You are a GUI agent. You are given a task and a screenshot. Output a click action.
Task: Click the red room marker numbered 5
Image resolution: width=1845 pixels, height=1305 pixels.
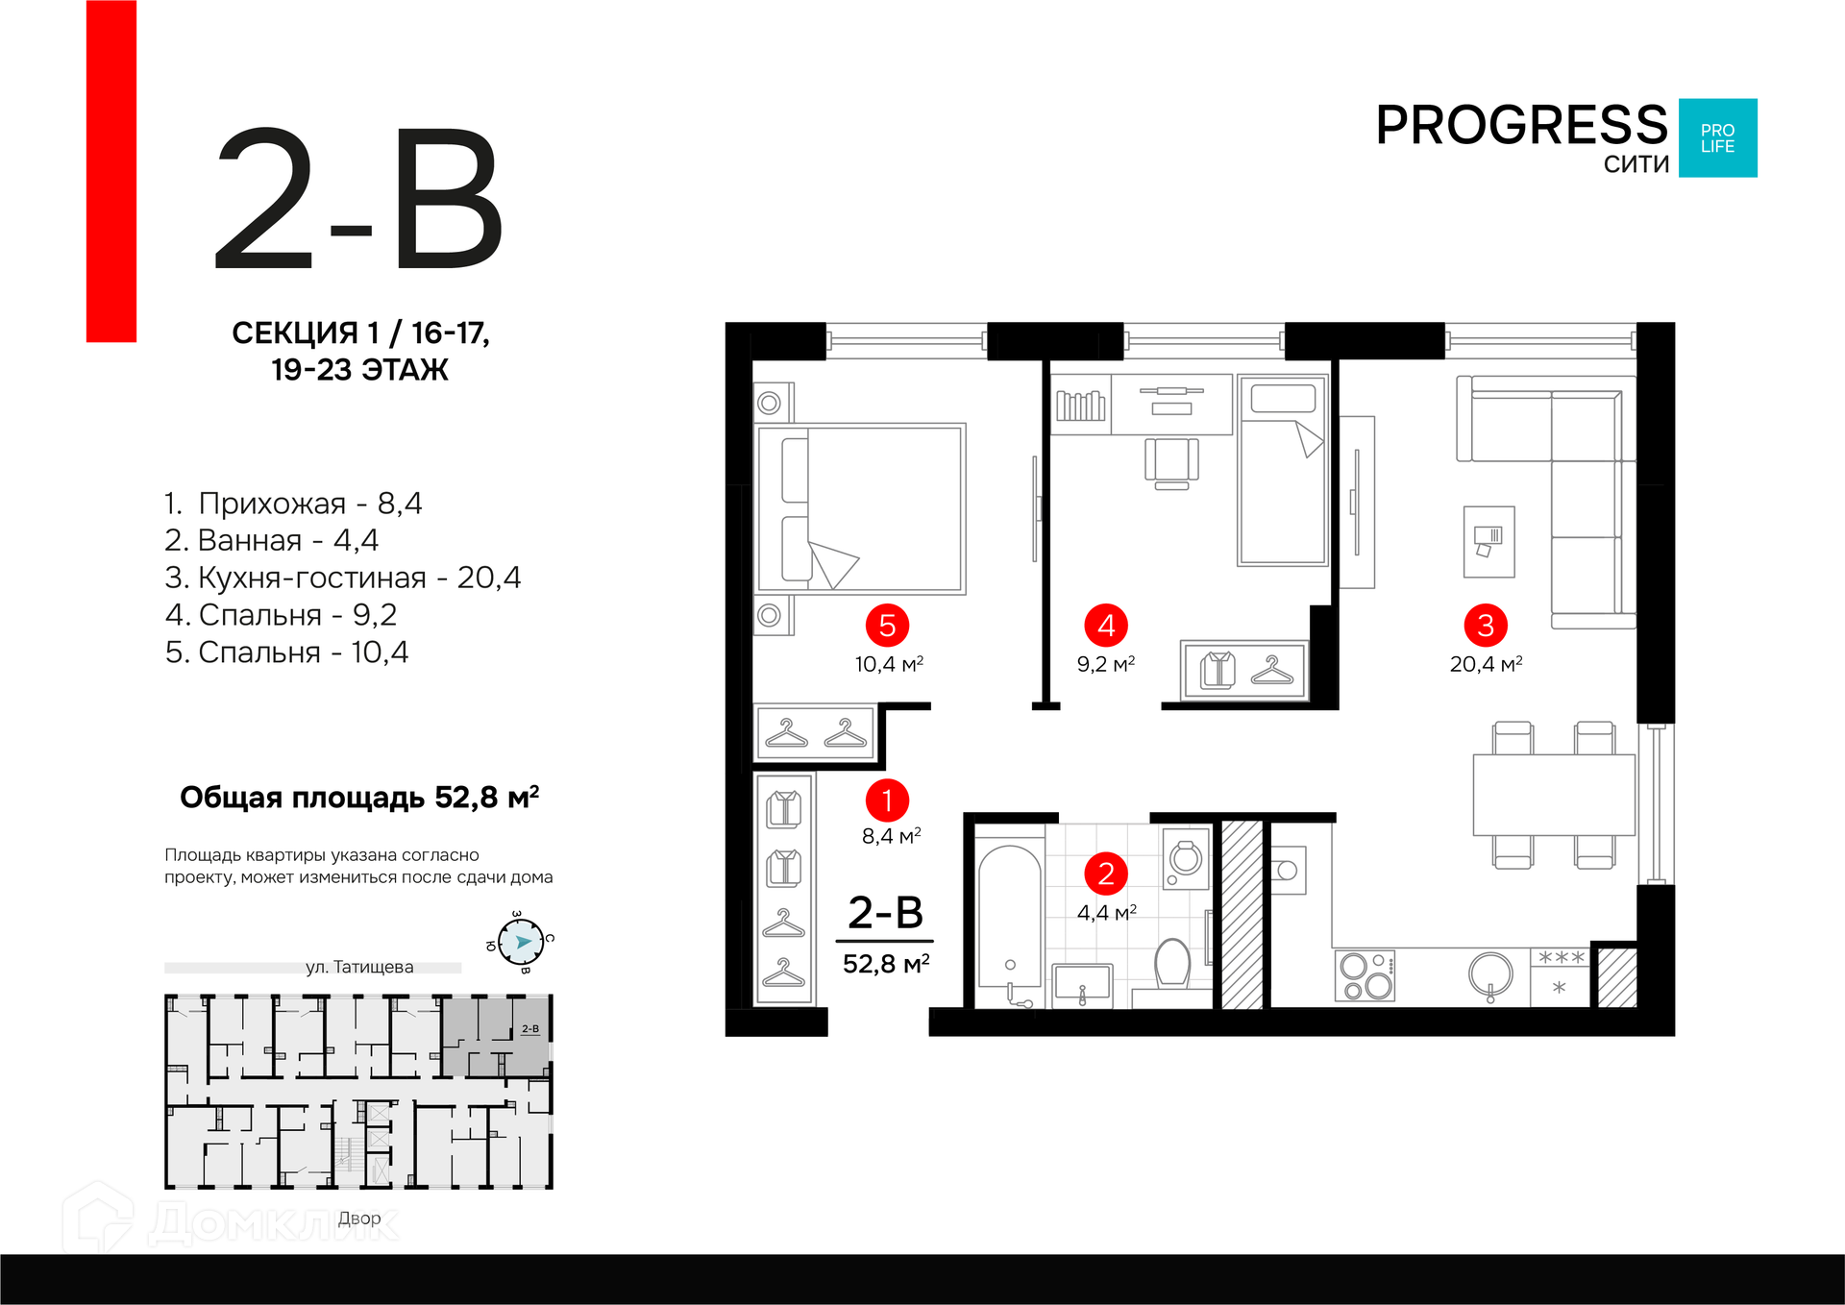[887, 626]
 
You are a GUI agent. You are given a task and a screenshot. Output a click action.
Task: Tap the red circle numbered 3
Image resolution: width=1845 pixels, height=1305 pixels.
[1486, 626]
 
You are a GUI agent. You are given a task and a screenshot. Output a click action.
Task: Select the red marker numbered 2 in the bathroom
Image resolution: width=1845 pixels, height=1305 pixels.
[1106, 874]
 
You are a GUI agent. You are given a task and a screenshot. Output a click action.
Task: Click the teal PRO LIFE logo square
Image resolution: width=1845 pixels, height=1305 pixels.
[1718, 138]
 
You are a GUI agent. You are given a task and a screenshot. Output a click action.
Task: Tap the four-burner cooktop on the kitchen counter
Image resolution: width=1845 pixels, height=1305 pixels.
[1365, 975]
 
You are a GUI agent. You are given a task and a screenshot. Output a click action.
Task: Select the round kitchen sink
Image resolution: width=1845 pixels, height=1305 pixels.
[1490, 975]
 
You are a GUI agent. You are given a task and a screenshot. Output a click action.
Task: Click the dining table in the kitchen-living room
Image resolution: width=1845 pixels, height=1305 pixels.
[1554, 795]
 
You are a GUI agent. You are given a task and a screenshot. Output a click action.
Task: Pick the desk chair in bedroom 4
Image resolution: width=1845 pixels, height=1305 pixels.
[1171, 463]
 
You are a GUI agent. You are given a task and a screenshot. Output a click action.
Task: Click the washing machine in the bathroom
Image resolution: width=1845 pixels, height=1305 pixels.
[1186, 859]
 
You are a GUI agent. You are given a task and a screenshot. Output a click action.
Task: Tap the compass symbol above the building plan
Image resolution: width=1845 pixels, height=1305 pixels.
[521, 942]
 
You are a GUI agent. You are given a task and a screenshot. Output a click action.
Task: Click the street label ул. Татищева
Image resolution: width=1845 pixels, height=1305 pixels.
[359, 967]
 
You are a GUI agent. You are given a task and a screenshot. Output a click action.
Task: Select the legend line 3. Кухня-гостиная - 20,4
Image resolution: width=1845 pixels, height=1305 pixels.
[343, 578]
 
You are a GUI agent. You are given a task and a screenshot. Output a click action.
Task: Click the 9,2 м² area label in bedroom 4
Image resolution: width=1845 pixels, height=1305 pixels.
[1106, 664]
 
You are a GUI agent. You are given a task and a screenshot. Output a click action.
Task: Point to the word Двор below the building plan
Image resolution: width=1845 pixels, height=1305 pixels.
[359, 1219]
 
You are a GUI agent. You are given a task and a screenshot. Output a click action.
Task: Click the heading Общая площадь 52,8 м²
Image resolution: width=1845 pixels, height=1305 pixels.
[359, 798]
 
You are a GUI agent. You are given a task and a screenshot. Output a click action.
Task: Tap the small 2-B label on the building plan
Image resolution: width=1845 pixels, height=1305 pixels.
[530, 1029]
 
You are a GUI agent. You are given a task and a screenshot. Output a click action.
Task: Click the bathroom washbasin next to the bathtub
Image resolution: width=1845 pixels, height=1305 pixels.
[1083, 985]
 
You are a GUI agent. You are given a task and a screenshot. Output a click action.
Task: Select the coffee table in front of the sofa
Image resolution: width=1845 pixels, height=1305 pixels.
[1488, 542]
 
